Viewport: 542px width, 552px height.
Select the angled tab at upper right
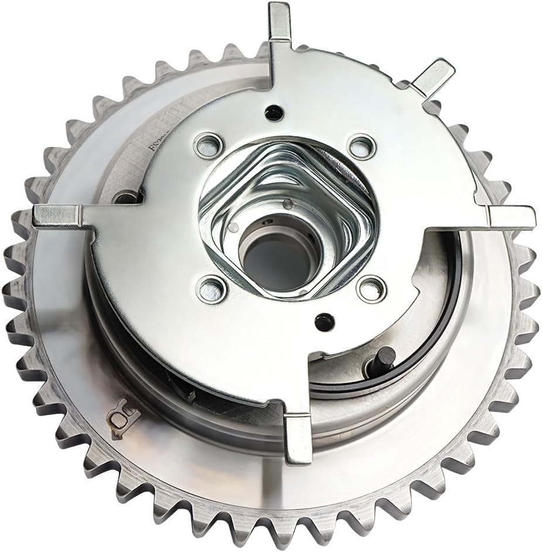pos(434,74)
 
